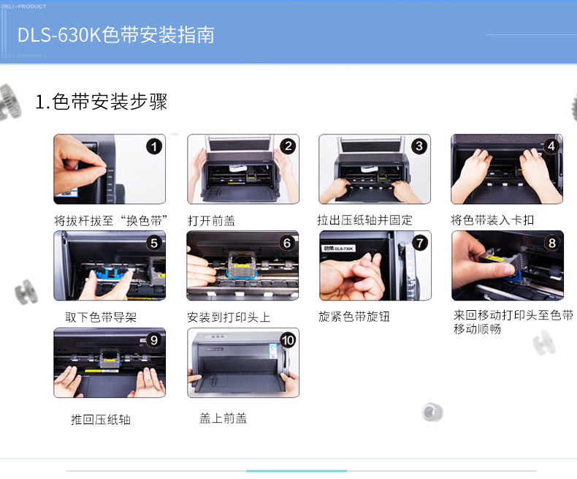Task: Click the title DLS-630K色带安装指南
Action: click(x=116, y=35)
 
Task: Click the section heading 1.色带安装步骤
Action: click(x=102, y=102)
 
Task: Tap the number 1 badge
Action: click(x=154, y=147)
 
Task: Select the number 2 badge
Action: click(x=288, y=147)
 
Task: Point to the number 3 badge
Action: click(x=419, y=146)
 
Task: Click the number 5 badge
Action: click(x=154, y=243)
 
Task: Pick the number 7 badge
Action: click(x=420, y=243)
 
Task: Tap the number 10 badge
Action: click(x=288, y=340)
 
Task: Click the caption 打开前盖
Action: click(x=212, y=221)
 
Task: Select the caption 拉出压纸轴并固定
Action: click(x=364, y=220)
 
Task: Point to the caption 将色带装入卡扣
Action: click(x=492, y=220)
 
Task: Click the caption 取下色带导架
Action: click(x=101, y=317)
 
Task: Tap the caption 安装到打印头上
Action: click(x=229, y=317)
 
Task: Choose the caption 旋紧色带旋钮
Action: click(x=354, y=316)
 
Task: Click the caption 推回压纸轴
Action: click(x=101, y=419)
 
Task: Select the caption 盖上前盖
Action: click(x=223, y=418)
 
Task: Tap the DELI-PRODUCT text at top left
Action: click(x=23, y=7)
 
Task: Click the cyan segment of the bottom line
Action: click(x=297, y=471)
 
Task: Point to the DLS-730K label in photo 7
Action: click(x=339, y=249)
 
